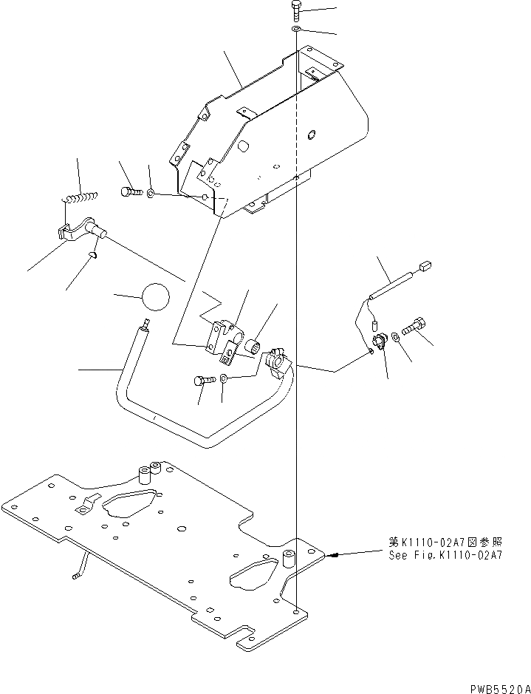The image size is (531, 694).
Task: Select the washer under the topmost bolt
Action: [x=295, y=29]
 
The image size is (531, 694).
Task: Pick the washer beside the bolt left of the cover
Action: [x=151, y=194]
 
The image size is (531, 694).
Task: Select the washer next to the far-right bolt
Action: [x=397, y=337]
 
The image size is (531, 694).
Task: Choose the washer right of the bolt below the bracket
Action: [x=225, y=378]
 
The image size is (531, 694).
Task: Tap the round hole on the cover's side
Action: [x=311, y=134]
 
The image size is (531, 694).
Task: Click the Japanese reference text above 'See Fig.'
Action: [x=445, y=542]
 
